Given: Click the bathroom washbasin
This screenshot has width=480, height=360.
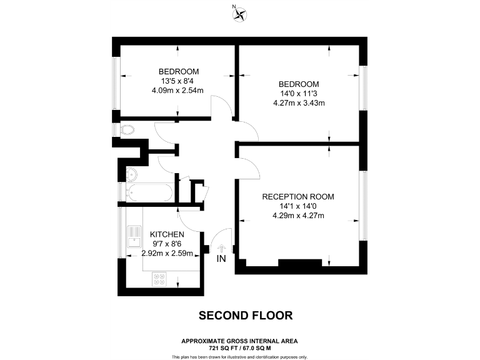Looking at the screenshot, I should click(131, 174).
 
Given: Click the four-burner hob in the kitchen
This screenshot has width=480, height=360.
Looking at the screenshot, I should click(159, 279).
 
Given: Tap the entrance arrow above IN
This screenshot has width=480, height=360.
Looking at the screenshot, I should click(221, 248).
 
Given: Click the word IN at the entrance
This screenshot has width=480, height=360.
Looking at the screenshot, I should click(221, 259).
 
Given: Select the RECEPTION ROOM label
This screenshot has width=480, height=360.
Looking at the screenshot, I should click(297, 196).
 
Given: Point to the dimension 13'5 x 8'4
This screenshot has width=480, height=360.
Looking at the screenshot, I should click(178, 80).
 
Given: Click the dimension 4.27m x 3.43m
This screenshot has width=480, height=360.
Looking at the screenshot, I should click(299, 103).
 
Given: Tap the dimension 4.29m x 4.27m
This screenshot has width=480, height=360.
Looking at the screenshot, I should click(297, 216).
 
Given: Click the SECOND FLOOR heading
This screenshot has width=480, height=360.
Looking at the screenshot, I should click(245, 316).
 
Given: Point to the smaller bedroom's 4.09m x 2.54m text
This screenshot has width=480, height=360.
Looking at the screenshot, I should click(178, 90).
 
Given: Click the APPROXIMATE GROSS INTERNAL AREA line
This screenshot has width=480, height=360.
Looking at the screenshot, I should click(239, 341).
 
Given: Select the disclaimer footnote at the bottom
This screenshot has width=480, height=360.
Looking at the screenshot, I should click(239, 356).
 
